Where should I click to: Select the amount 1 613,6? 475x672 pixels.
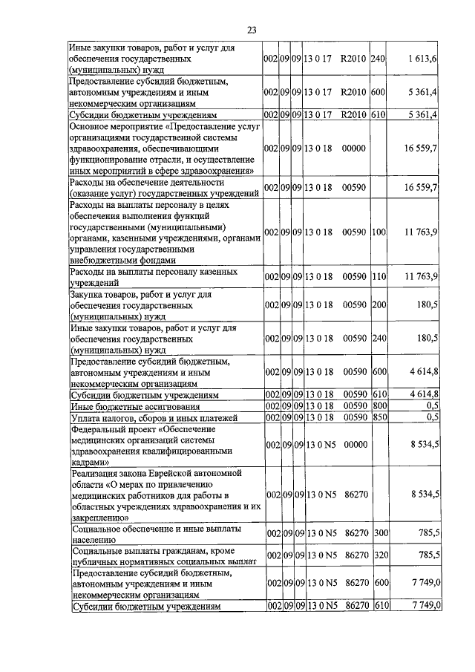[x=425, y=58]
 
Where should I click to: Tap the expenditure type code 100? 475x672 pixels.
[x=379, y=232]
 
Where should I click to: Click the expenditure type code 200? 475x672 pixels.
[x=379, y=304]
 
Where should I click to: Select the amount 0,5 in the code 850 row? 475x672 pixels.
[x=432, y=417]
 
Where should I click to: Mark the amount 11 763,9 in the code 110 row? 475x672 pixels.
[x=421, y=277]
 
